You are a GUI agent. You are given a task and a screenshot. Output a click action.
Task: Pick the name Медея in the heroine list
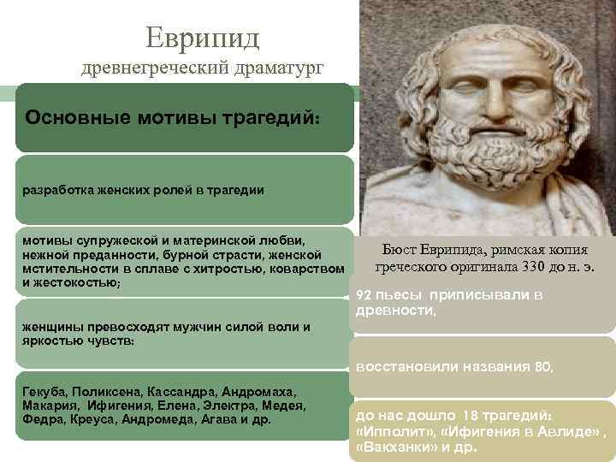pos(287,405)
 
